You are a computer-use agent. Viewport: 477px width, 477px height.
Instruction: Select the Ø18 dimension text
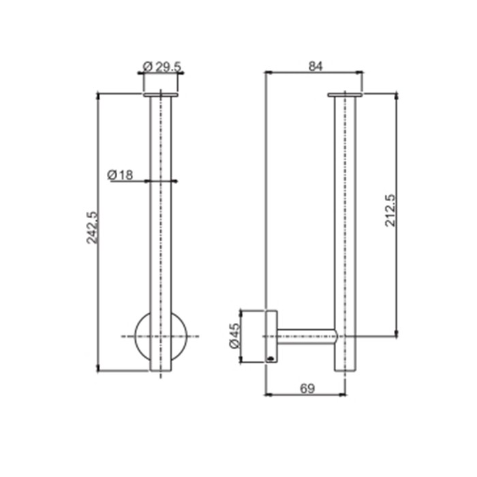[120, 175]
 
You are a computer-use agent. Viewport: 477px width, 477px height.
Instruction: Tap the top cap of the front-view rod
[161, 95]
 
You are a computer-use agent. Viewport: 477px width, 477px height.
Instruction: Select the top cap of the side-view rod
[345, 95]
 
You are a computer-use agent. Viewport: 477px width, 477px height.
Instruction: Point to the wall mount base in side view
[269, 336]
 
